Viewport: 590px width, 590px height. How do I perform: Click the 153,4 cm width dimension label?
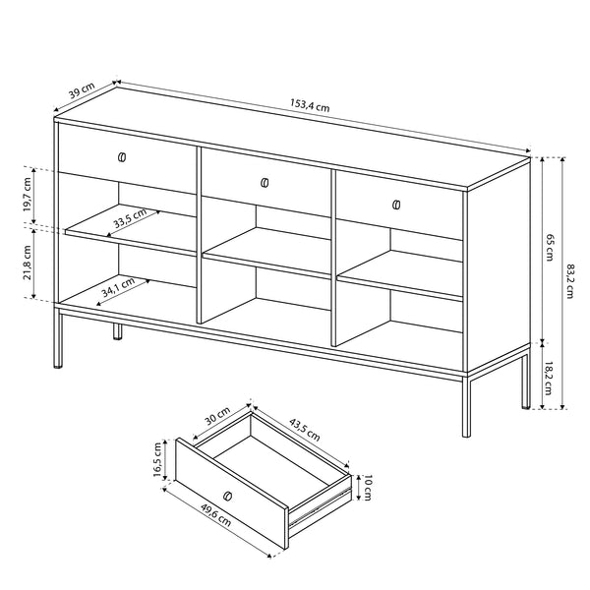[310, 106]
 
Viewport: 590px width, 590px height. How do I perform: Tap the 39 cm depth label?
[82, 90]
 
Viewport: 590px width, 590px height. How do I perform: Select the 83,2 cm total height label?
[569, 281]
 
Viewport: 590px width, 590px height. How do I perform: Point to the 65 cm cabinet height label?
[550, 248]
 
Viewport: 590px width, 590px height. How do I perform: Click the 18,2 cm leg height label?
[548, 378]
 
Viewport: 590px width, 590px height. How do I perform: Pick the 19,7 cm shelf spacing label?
[28, 195]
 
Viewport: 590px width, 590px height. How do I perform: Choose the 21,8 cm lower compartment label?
[28, 263]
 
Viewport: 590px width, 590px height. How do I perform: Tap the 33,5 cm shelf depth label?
[130, 218]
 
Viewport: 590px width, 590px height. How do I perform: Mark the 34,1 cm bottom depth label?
[118, 287]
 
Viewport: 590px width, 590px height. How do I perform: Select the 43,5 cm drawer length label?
[305, 430]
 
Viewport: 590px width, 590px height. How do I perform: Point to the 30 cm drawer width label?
[217, 416]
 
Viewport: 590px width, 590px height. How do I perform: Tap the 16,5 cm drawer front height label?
[157, 460]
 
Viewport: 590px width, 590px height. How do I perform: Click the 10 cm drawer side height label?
[368, 488]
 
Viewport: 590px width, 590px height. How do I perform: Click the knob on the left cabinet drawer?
[122, 157]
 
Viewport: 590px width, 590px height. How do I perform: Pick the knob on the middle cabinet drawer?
[265, 183]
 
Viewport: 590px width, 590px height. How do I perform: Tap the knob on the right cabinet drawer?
[396, 206]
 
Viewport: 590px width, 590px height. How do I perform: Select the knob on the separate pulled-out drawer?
[227, 497]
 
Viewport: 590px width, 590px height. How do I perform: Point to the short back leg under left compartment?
[118, 331]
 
